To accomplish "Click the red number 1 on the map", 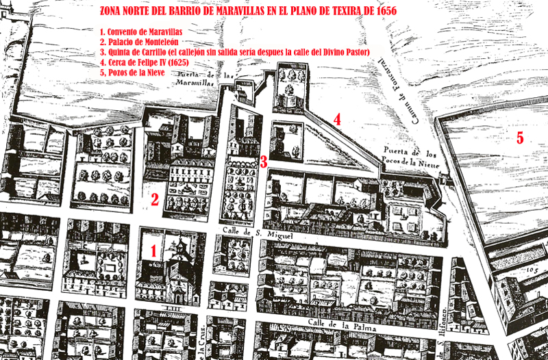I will [154, 251].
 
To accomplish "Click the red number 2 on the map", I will [155, 200].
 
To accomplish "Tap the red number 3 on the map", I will [263, 162].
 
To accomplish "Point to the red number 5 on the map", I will [519, 138].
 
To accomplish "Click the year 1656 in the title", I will [384, 12].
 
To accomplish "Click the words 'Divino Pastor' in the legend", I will [346, 52].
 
